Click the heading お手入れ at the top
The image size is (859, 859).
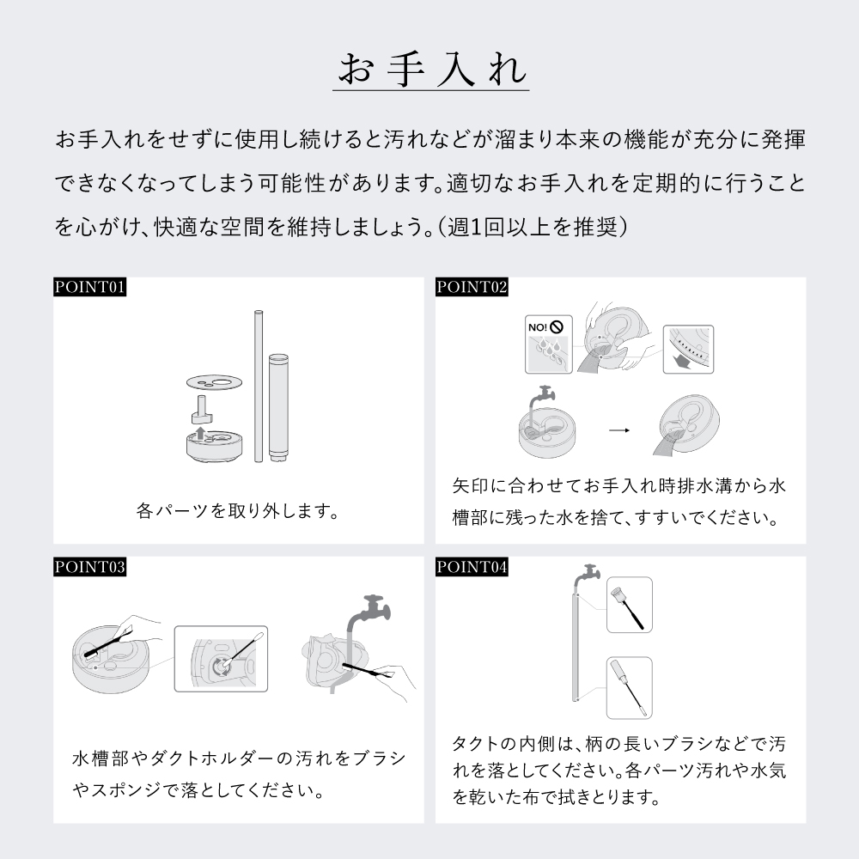click(429, 70)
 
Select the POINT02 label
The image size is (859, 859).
click(472, 287)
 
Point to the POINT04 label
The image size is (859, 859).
click(472, 567)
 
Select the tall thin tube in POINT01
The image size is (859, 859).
click(257, 387)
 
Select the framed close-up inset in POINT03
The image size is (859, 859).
click(222, 658)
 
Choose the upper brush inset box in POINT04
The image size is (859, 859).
click(629, 605)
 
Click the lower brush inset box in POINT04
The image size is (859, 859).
click(629, 686)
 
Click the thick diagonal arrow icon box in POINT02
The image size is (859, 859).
click(688, 349)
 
